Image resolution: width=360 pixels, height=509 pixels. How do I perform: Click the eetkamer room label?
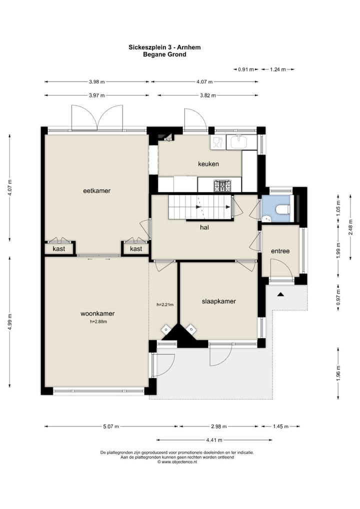pos(96,191)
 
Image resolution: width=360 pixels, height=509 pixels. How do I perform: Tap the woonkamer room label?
pos(97,313)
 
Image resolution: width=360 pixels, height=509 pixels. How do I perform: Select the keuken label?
pos(208,164)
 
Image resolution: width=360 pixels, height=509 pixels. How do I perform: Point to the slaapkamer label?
pos(219,301)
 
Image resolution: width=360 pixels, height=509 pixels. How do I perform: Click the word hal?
pos(204,227)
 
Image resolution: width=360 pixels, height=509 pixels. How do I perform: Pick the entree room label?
pos(280,251)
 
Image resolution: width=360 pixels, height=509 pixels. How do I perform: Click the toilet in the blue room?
pos(283,209)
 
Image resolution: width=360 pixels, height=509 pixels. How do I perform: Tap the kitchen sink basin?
pos(239,141)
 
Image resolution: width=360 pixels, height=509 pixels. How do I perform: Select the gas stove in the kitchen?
pos(222,185)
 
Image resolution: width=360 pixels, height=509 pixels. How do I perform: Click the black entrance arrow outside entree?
pos(281,294)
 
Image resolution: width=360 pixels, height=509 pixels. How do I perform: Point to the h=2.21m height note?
pos(165,304)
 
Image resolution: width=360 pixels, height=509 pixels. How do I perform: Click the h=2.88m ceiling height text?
pos(98,321)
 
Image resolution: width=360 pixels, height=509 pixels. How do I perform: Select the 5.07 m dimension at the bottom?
pos(111,426)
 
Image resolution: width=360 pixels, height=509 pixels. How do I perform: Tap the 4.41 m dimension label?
pos(214,440)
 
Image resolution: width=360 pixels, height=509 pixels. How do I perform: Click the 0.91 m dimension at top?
pos(246,69)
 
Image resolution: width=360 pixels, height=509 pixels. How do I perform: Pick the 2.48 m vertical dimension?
pos(350,227)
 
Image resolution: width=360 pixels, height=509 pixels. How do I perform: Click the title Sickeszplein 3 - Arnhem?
pos(164,47)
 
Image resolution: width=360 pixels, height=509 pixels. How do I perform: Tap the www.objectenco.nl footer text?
pos(177,461)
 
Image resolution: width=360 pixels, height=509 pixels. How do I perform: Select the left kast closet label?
pos(59,248)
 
